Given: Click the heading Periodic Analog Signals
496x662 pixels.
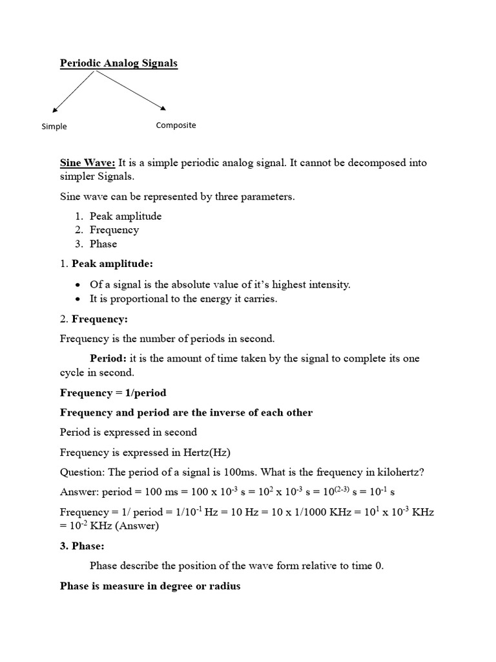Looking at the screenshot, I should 118,63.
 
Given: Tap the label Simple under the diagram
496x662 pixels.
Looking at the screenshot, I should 54,126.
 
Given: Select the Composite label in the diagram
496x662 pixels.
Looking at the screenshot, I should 176,125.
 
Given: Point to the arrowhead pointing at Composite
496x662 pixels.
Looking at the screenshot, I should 163,107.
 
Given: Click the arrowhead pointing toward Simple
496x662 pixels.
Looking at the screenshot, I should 54,110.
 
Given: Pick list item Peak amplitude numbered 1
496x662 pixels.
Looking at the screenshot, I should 125,216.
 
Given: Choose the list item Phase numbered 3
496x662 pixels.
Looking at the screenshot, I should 103,244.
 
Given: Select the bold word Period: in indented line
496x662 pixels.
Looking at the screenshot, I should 108,358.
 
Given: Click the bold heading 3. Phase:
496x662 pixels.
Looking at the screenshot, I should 82,546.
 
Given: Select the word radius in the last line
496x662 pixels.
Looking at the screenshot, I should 225,586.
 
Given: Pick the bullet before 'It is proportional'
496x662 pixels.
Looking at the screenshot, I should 77,299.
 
